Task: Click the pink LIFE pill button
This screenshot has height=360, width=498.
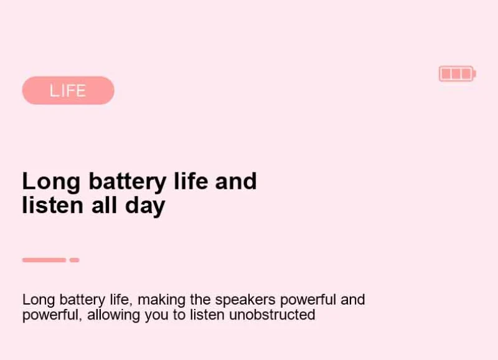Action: pos(68,90)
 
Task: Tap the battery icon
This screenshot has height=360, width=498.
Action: pos(458,73)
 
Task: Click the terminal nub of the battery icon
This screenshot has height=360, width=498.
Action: pos(474,74)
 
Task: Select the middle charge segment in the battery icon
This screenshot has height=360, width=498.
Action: pos(456,73)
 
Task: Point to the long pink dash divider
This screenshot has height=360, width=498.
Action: pos(44,260)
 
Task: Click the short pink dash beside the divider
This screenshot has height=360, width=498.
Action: pos(74,260)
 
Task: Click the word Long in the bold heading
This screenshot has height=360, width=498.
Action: pos(51,182)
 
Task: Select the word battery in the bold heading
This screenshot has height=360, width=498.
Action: pos(128,182)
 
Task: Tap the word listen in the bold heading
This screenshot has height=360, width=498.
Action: pos(53,206)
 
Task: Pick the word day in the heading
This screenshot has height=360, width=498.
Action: pos(145,206)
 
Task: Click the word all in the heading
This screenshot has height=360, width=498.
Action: pos(105,206)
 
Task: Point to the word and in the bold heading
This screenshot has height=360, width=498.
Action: pos(236,181)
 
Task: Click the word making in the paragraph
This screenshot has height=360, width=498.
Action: pos(162,300)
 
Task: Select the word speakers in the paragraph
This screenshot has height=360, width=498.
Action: pos(245,300)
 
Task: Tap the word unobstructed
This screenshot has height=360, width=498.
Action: pos(272,315)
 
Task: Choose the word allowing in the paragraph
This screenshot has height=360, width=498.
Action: pos(113,316)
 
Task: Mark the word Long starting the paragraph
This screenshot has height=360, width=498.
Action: pos(39,300)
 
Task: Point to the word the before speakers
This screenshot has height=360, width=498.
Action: pos(200,300)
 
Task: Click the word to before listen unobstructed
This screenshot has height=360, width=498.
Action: pos(179,315)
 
